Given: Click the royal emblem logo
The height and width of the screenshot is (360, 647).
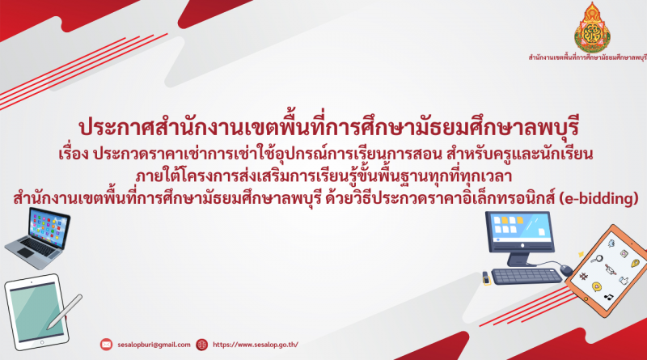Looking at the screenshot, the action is click(x=593, y=28).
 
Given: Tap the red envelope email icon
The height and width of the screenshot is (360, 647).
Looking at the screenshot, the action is click(x=106, y=345).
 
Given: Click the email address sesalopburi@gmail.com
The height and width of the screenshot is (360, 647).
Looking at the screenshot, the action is click(x=154, y=345).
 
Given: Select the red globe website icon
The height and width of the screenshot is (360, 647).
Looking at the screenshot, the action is click(x=201, y=345).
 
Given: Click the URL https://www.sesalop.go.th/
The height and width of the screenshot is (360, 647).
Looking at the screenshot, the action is click(x=256, y=345).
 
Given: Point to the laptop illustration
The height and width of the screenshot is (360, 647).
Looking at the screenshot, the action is click(x=37, y=239).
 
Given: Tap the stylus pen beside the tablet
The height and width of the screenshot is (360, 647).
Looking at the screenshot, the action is click(x=64, y=312).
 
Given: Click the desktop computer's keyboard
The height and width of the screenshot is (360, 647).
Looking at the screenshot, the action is click(x=526, y=276).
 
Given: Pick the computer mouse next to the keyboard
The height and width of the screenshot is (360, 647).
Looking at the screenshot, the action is click(x=566, y=271).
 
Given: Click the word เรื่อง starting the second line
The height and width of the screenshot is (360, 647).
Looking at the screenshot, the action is click(x=74, y=154).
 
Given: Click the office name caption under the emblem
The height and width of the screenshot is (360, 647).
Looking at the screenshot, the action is click(x=588, y=57).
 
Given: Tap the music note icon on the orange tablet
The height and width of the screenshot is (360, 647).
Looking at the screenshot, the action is click(x=608, y=296).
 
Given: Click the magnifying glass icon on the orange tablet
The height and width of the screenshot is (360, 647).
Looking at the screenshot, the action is click(x=596, y=259).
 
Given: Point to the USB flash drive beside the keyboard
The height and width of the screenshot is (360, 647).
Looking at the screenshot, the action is click(x=487, y=277).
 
